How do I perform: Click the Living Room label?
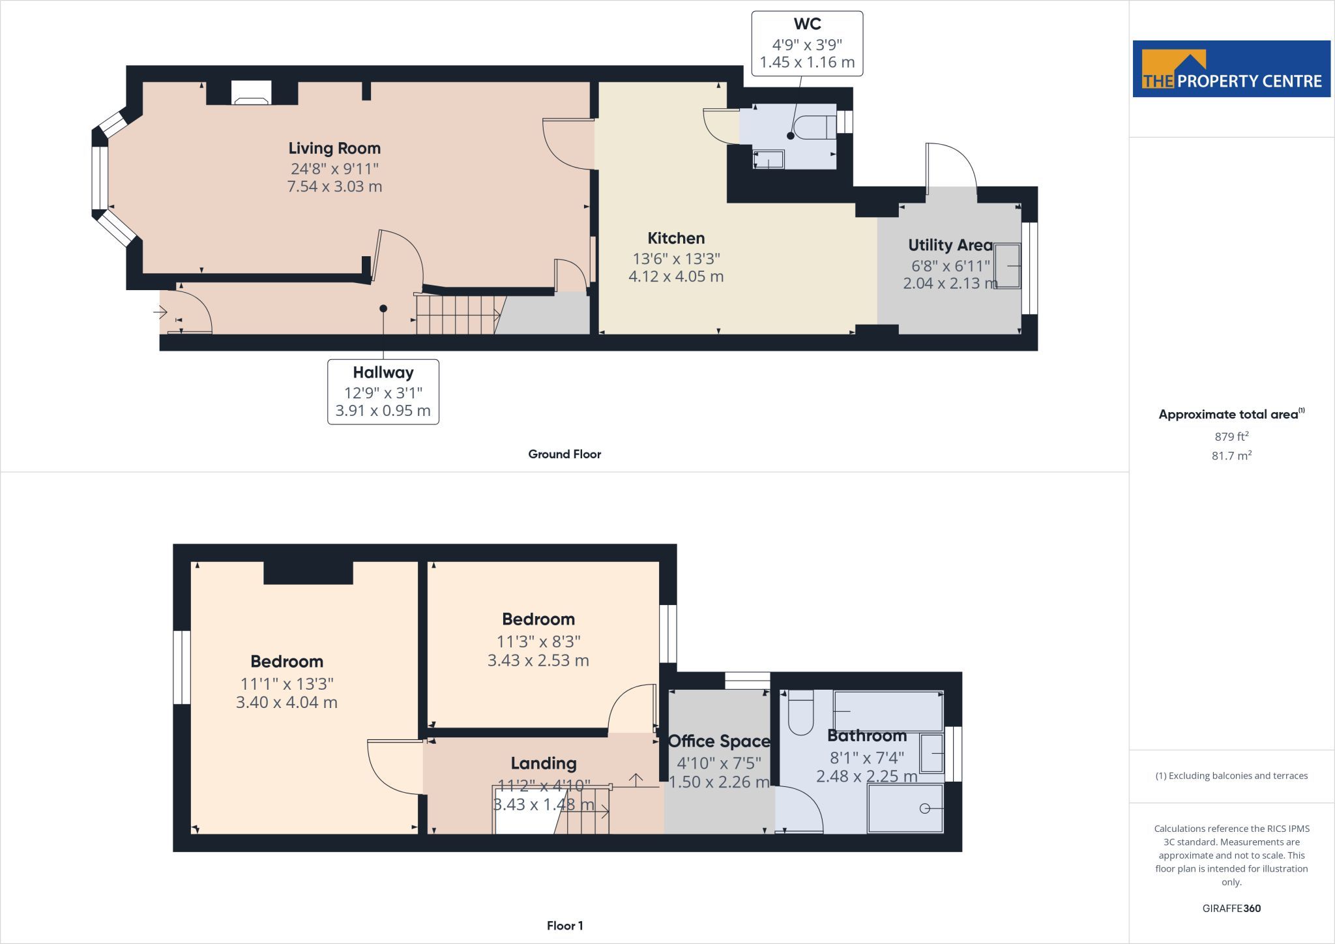click(334, 149)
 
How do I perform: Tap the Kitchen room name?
click(676, 238)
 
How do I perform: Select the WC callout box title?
click(807, 24)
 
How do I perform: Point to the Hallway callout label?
click(383, 373)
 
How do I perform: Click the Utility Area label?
click(950, 246)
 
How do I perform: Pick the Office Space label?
click(719, 741)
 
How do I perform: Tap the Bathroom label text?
click(867, 736)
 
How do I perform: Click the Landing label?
click(544, 763)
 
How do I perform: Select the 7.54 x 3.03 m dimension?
click(334, 186)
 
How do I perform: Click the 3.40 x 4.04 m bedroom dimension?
click(287, 703)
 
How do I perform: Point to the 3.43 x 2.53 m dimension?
click(538, 660)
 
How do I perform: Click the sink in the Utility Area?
click(1008, 266)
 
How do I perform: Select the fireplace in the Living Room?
click(252, 93)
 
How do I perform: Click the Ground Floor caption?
click(565, 454)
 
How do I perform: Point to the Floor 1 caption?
click(565, 926)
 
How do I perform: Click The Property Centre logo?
click(1231, 69)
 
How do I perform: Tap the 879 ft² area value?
click(1231, 436)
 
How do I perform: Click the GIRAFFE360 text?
click(1231, 908)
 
